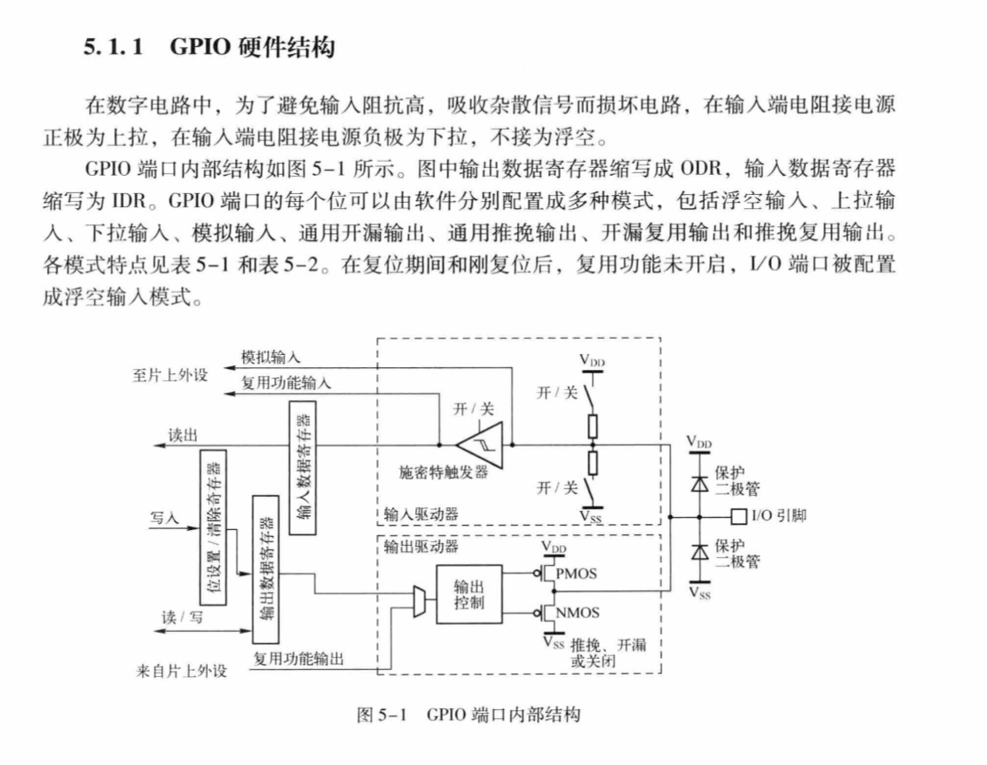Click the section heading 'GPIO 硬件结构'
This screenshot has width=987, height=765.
252,48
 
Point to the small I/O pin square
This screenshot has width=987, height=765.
739,515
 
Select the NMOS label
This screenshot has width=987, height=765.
577,612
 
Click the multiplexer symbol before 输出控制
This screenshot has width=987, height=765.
417,600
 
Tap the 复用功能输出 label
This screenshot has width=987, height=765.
298,658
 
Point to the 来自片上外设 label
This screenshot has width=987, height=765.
183,671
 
